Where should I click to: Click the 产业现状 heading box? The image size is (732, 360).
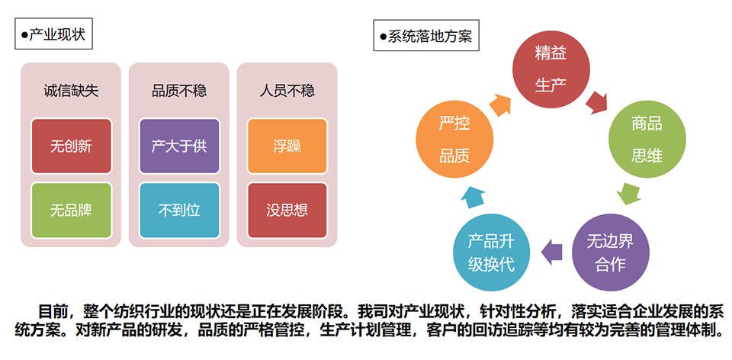click(x=53, y=34)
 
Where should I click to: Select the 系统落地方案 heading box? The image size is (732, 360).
click(x=426, y=35)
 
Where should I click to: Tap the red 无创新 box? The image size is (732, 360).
click(x=72, y=146)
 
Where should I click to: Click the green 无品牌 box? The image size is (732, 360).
click(x=72, y=210)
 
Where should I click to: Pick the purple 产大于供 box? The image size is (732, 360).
click(x=179, y=146)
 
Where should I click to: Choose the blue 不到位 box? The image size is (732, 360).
click(x=179, y=210)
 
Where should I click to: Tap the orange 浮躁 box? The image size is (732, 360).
click(x=287, y=146)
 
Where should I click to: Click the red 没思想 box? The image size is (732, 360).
click(x=287, y=210)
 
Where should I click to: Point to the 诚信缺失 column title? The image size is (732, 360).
click(x=71, y=91)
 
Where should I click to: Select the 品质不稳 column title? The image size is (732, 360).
click(x=179, y=91)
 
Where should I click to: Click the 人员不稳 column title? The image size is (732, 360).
click(x=287, y=91)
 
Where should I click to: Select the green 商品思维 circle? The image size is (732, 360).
click(x=647, y=140)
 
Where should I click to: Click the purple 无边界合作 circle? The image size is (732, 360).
click(x=611, y=252)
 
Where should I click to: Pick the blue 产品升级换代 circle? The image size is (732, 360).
click(x=492, y=252)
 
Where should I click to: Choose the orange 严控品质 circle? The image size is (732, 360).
click(x=454, y=140)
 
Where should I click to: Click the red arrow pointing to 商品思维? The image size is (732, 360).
click(x=596, y=102)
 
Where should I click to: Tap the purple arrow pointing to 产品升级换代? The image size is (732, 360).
click(x=551, y=252)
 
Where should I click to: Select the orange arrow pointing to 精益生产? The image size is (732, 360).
click(x=500, y=104)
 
